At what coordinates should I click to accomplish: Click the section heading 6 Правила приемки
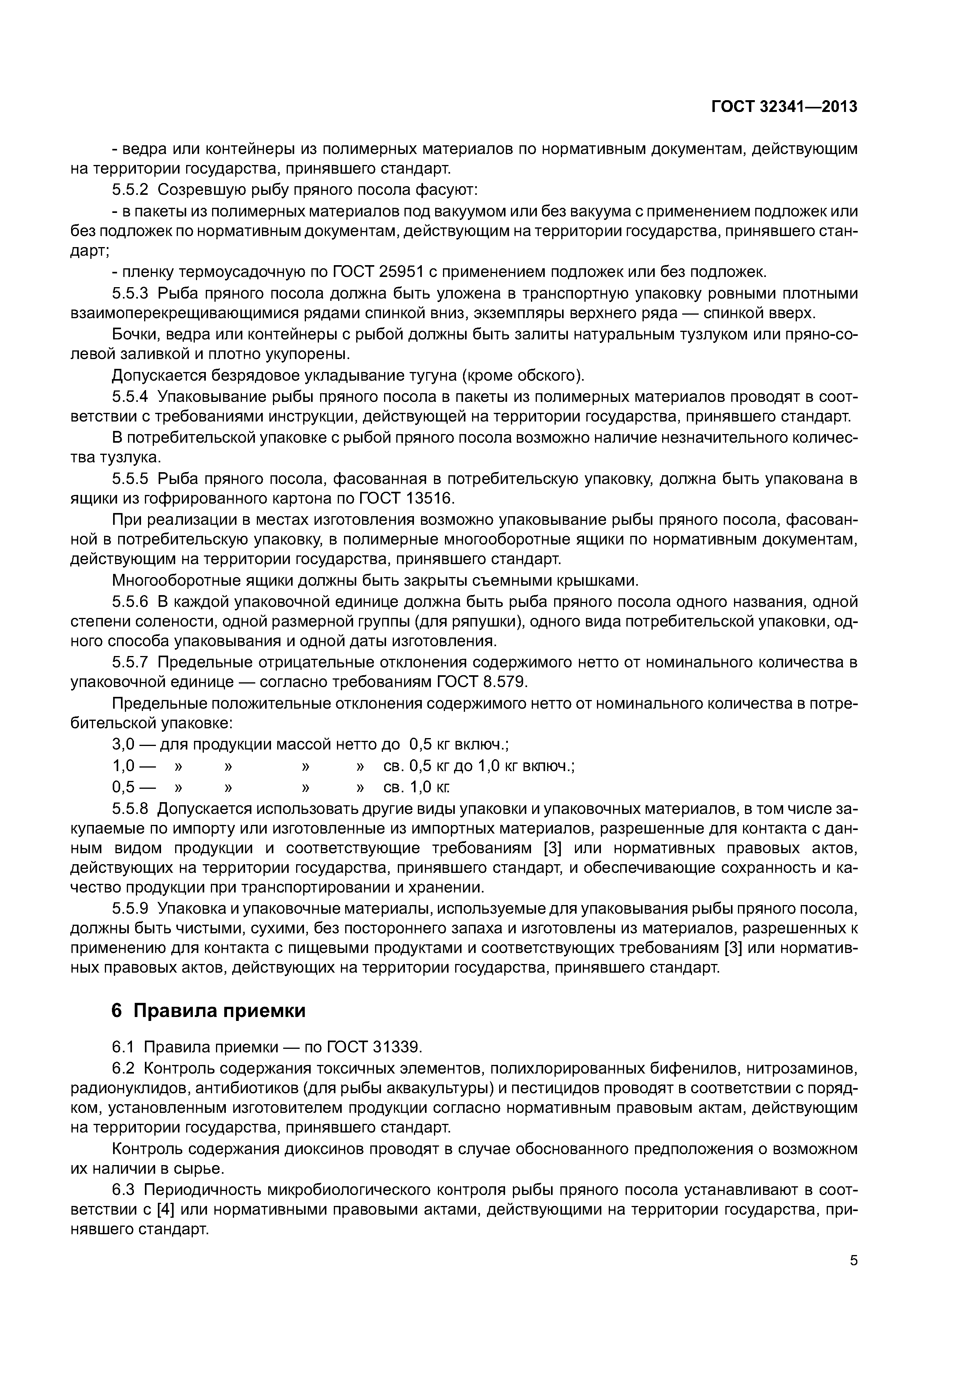(208, 1011)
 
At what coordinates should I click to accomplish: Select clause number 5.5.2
(130, 190)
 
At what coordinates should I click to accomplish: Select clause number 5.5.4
(130, 397)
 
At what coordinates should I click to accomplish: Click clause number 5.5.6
(130, 601)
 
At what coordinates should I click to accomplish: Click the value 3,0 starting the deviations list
(123, 745)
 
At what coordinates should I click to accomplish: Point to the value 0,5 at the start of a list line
(123, 787)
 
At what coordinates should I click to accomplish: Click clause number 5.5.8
(130, 808)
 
